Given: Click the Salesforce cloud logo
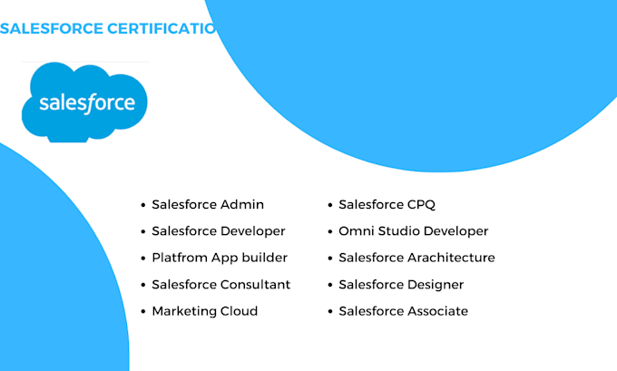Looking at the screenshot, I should click(x=84, y=102).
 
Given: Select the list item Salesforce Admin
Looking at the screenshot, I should click(x=208, y=205).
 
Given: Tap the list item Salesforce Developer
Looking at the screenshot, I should click(x=219, y=231).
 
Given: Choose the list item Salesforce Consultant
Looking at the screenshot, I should click(x=221, y=284).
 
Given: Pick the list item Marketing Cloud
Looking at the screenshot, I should click(x=205, y=311).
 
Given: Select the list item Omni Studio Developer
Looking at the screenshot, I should click(x=414, y=231).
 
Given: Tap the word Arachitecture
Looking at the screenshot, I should click(x=451, y=258).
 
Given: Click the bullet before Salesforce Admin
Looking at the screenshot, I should click(x=143, y=206).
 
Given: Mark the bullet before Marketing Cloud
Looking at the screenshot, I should click(x=143, y=312).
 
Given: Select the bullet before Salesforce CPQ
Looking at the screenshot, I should click(x=330, y=206).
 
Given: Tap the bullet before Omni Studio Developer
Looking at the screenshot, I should click(x=330, y=232).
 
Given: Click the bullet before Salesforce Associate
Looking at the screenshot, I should click(x=330, y=312).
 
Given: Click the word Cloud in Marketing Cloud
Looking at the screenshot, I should click(x=240, y=311).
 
